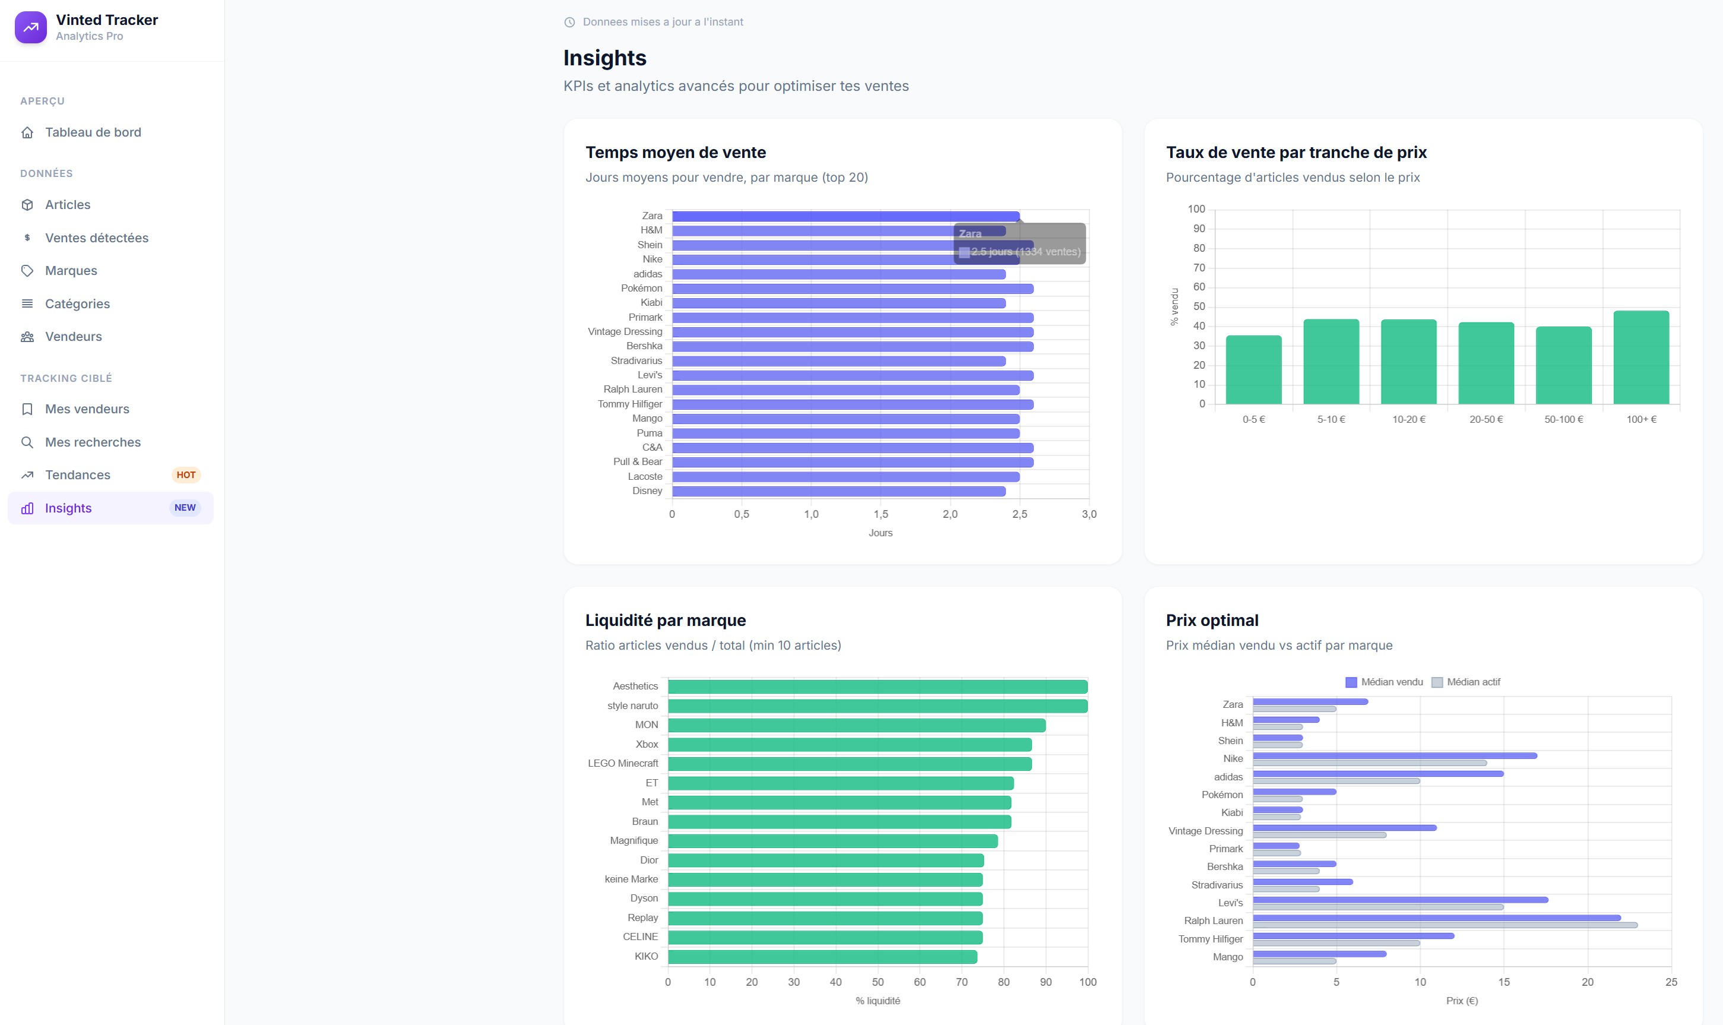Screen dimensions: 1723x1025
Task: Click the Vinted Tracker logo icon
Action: coord(30,28)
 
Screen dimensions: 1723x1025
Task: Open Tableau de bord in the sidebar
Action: coord(93,132)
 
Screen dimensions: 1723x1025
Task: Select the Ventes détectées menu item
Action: coord(97,238)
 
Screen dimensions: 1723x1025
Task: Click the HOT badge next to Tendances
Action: coord(186,475)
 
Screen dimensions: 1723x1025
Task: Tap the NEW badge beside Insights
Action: coord(185,508)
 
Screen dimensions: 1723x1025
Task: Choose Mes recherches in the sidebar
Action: coord(93,442)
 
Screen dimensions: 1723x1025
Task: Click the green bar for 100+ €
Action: coord(1641,357)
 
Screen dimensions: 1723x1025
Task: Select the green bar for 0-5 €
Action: coord(1253,369)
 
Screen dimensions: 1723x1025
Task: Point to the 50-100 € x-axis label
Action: coord(1563,419)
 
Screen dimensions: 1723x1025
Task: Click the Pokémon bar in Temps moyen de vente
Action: coord(853,289)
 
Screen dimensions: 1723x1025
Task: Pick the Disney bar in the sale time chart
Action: coord(839,491)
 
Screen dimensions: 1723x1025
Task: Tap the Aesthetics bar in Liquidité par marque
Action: coord(878,687)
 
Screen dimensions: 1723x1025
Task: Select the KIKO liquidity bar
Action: coord(822,957)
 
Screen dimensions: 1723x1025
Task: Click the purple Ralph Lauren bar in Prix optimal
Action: coord(1436,918)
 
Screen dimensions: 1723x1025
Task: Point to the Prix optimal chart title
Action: coord(1212,620)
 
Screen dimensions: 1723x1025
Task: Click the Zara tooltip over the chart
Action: coord(1019,243)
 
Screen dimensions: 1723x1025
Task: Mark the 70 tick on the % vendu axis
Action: coord(1199,267)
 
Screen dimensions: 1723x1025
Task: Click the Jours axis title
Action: coord(880,533)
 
